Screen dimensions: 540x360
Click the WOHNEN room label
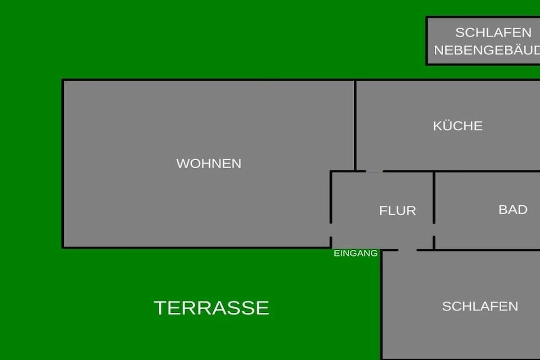tap(209, 163)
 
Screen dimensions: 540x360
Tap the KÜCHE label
tap(458, 126)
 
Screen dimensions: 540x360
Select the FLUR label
tap(397, 211)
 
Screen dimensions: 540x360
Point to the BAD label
tap(513, 210)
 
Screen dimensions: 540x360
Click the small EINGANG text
tap(355, 253)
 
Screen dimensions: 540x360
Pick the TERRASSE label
tap(211, 308)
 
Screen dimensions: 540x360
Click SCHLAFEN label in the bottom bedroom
tap(480, 306)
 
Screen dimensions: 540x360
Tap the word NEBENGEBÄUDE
tap(487, 50)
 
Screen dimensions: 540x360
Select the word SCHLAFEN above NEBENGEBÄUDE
tap(494, 32)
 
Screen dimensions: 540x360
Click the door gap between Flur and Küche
tap(374, 171)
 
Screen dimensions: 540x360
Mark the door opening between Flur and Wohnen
tap(331, 230)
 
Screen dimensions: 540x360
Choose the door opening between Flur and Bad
tap(434, 230)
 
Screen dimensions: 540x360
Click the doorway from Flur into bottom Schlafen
tap(407, 250)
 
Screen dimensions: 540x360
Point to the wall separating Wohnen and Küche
tap(355, 126)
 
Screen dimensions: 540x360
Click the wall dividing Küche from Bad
tap(462, 171)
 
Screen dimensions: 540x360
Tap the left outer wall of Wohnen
tap(63, 163)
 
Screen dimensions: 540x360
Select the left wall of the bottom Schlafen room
tap(381, 305)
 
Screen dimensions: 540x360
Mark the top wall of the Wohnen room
tap(208, 80)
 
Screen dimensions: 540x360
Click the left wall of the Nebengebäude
tap(427, 41)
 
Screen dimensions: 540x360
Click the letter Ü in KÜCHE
tap(450, 125)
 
